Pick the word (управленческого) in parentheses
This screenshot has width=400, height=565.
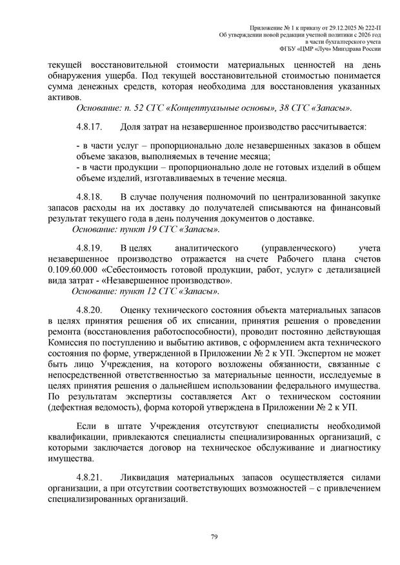click(296, 249)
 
